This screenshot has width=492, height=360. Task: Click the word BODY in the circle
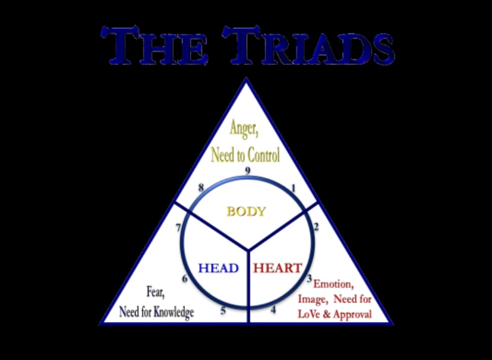(245, 211)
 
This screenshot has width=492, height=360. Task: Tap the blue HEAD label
(218, 268)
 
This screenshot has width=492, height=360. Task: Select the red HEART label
(277, 268)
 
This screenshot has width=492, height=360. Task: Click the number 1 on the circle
(293, 188)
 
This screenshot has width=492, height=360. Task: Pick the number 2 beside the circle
(316, 226)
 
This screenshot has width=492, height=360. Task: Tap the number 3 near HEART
(309, 278)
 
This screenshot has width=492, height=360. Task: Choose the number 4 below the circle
(273, 309)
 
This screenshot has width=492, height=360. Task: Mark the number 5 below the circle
(223, 310)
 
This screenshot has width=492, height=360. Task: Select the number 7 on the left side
(178, 227)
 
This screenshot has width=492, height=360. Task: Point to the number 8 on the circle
(201, 188)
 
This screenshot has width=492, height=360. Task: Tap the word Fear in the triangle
(156, 291)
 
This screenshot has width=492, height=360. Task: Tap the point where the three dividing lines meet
(247, 245)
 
